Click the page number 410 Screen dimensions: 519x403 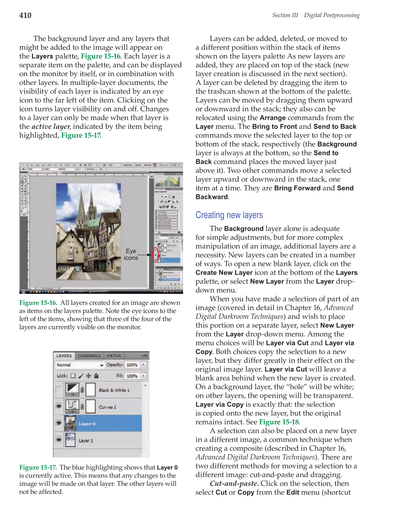pos(25,15)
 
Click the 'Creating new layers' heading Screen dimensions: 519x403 pos(229,215)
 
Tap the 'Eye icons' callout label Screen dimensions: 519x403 pos(131,254)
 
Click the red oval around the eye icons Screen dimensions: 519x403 pos(155,255)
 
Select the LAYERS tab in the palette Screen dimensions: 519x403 pos(64,356)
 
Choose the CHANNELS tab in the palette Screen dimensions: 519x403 pos(89,356)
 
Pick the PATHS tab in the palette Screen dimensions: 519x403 pos(114,356)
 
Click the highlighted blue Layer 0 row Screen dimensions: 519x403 pos(103,423)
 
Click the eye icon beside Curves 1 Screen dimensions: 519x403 pos(59,407)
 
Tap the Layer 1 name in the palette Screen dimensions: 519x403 pos(86,441)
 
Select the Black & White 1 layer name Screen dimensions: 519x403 pos(114,390)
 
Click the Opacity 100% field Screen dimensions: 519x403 pos(132,365)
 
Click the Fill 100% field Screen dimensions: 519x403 pos(132,376)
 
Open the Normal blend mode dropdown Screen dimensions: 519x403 pos(80,365)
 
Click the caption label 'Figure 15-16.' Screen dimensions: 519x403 pos(38,303)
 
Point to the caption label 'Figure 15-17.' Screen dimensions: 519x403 pos(38,467)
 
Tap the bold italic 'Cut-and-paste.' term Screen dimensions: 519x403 pos(234,484)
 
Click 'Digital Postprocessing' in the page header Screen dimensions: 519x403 pos(331,15)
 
